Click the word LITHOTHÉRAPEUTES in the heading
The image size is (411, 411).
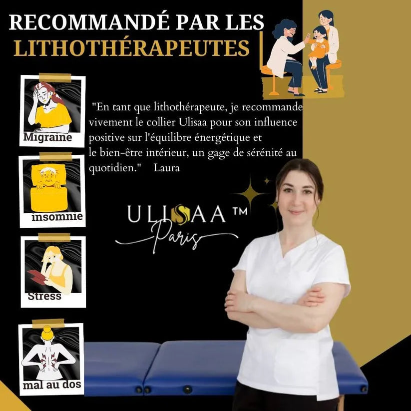tap(131, 48)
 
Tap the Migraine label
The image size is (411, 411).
tap(48, 137)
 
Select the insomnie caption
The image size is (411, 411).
tap(57, 217)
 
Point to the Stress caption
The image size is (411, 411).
tap(44, 296)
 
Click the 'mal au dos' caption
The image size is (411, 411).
tap(52, 385)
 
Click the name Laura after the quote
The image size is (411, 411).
tap(167, 168)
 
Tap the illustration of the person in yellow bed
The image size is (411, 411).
tap(52, 183)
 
